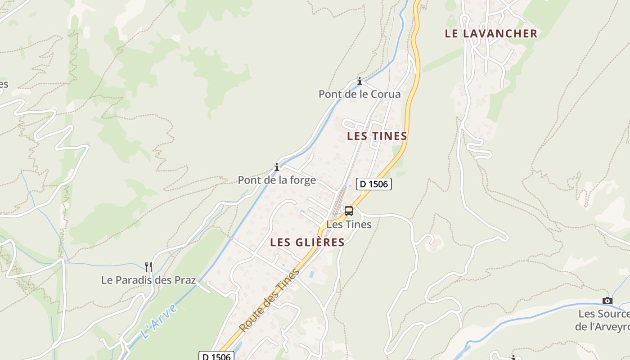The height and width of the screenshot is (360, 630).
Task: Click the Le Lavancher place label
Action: [491, 34]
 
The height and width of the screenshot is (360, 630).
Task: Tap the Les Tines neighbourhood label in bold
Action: [377, 136]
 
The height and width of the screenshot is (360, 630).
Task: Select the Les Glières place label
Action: [307, 243]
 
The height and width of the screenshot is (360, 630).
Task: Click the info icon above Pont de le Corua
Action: [360, 81]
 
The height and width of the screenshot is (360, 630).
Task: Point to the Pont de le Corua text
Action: [360, 94]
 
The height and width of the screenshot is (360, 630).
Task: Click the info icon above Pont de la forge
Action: [277, 167]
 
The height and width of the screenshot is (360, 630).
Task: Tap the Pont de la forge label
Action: [277, 180]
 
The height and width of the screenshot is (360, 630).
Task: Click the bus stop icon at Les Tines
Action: [349, 211]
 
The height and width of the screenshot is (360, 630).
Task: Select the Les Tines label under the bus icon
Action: [349, 224]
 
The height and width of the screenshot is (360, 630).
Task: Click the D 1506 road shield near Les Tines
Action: [374, 184]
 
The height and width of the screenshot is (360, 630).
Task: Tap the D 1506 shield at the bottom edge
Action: [216, 356]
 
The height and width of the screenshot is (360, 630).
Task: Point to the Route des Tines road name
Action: [270, 300]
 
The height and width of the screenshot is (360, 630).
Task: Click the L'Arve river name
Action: [158, 321]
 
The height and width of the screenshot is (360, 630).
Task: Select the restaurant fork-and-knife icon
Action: [149, 267]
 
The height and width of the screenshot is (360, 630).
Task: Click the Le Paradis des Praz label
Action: [148, 280]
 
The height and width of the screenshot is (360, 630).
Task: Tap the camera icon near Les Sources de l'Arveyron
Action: [607, 301]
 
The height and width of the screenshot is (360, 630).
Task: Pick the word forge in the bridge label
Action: [303, 180]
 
